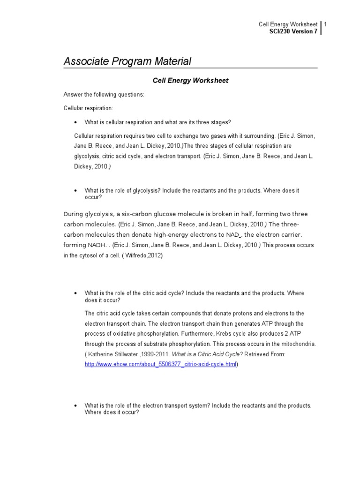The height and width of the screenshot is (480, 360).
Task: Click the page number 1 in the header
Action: click(x=325, y=24)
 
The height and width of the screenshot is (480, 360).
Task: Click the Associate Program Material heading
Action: click(x=127, y=61)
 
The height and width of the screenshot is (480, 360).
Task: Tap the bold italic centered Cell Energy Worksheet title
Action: click(x=191, y=81)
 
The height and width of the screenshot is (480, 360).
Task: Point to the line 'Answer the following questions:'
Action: click(x=104, y=94)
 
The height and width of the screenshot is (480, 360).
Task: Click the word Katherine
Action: click(x=101, y=354)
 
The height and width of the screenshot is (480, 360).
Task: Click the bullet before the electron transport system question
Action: click(x=75, y=405)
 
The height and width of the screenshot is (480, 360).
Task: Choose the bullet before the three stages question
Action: click(x=75, y=122)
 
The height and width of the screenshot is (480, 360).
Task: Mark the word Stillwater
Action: click(x=131, y=354)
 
